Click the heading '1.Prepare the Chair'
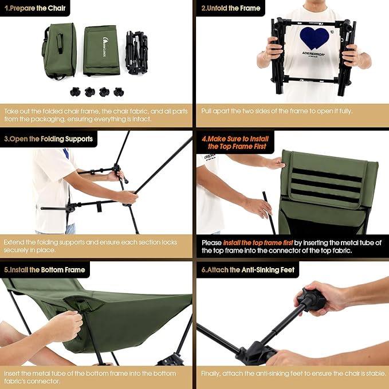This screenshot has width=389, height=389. point(35,8)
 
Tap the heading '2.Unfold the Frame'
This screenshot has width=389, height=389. point(231,8)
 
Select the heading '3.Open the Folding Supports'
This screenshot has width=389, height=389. point(48,139)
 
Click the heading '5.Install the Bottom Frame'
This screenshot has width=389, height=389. point(45,270)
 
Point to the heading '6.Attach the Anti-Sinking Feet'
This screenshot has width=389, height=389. point(248,270)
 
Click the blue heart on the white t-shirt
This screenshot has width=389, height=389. point(315,38)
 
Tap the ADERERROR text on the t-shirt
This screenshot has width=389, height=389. point(313,53)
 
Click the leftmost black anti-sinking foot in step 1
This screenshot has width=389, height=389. point(75,92)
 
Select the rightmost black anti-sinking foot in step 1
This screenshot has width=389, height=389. point(119,92)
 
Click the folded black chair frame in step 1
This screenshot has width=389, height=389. point(137,52)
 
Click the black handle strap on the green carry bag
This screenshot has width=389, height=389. point(60,44)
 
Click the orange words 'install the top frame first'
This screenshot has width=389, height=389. point(258,243)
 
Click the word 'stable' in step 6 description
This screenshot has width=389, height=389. point(378,374)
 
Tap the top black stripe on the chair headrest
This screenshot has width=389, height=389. point(327,175)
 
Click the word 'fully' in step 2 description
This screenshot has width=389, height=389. point(345,111)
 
